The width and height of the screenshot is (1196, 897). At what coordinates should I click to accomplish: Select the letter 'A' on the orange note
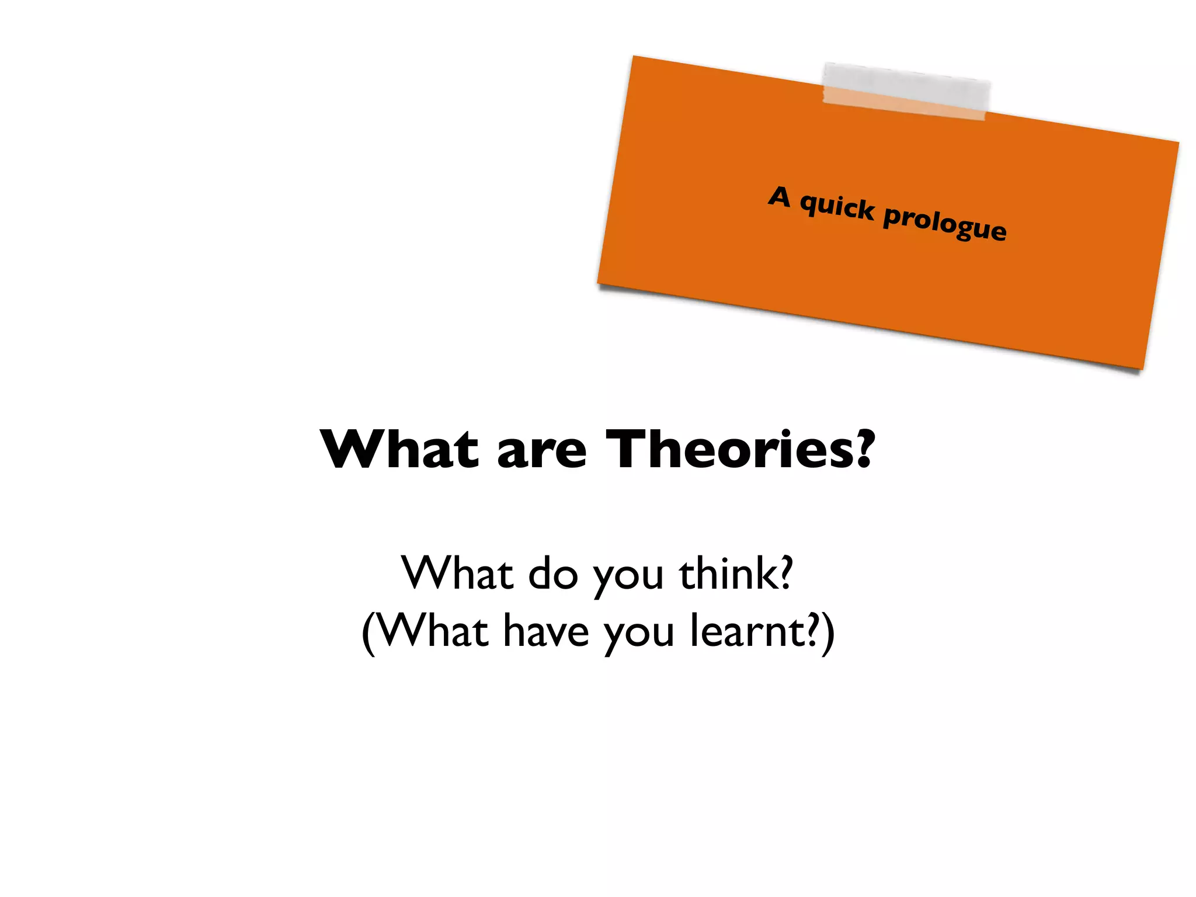coord(780,197)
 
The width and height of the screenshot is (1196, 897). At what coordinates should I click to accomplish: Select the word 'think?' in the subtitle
coord(736,573)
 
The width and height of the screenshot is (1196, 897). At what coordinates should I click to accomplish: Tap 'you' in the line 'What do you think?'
coord(628,578)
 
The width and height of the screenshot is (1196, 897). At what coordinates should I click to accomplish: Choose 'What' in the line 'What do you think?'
coord(457,573)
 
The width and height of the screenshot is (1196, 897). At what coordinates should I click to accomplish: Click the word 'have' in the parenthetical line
coord(546,631)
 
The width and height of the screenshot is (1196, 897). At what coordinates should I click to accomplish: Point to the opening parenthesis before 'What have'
coord(368,634)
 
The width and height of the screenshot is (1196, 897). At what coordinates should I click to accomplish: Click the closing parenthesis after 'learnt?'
coord(827,634)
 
